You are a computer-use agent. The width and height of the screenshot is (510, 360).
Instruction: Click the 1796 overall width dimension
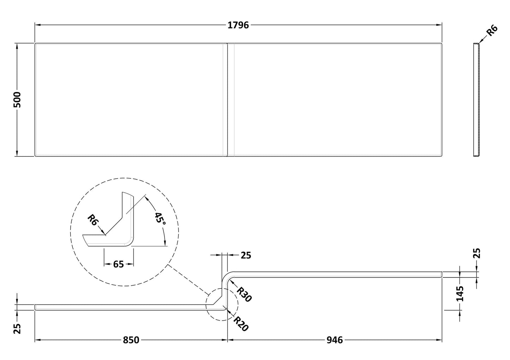tap(239, 25)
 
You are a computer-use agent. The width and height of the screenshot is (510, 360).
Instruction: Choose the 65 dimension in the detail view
tap(119, 264)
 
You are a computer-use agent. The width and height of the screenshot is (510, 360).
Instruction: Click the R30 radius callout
tap(244, 294)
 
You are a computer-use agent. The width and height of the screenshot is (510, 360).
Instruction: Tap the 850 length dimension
tap(131, 340)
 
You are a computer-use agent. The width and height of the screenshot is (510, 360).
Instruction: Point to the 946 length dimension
tap(334, 340)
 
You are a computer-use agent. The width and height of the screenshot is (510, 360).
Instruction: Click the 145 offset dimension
tap(460, 293)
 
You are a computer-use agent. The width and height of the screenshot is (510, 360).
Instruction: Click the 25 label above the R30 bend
tap(246, 255)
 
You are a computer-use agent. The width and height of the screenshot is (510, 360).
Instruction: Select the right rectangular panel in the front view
tap(335, 99)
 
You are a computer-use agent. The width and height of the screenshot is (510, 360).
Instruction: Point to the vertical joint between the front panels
tap(227, 99)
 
